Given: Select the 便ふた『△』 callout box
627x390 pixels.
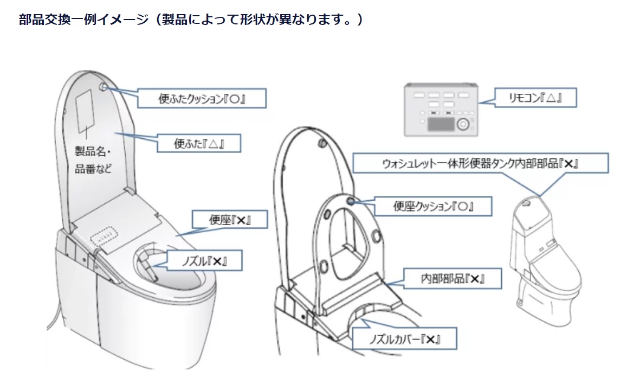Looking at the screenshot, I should [x=198, y=144].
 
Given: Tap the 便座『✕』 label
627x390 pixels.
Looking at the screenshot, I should [x=222, y=220].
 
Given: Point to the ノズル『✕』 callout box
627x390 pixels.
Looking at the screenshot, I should [x=204, y=261].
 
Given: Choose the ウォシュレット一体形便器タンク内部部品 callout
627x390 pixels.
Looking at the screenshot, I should [x=481, y=163].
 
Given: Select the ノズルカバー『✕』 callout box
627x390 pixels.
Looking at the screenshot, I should [x=404, y=339].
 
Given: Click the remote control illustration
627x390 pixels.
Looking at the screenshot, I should [x=441, y=109].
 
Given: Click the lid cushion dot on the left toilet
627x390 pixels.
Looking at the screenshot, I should [x=104, y=86].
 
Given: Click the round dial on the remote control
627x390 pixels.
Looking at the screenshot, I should [x=462, y=124].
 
